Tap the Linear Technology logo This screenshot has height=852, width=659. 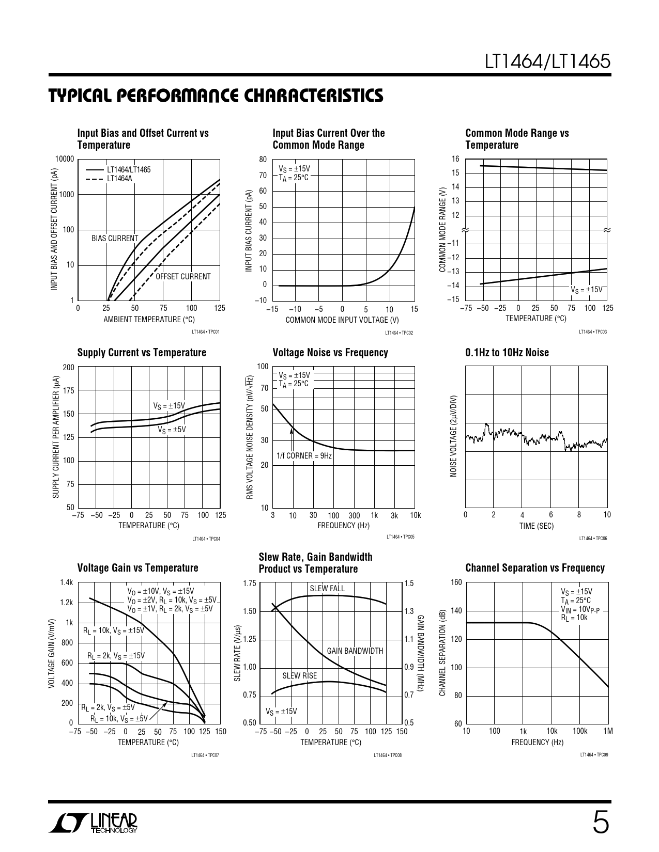click(x=94, y=824)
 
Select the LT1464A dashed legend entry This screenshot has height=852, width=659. click(x=119, y=179)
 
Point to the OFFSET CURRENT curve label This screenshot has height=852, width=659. click(x=183, y=277)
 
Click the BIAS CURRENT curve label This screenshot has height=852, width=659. click(x=115, y=239)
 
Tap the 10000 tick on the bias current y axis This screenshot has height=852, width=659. click(x=65, y=159)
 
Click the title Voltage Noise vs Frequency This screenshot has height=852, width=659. click(x=330, y=353)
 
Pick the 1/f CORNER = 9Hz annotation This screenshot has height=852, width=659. click(x=304, y=456)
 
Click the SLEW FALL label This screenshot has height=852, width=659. click(x=327, y=589)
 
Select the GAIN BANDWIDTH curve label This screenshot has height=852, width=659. click(x=355, y=651)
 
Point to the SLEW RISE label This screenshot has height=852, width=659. click(x=299, y=676)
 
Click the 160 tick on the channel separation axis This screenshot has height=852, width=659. click(x=456, y=582)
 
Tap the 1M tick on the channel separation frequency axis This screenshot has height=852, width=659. click(x=607, y=731)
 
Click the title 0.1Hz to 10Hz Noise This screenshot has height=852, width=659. click(x=507, y=353)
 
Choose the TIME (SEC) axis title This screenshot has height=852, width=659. click(x=536, y=526)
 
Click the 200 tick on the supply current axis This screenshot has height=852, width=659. click(x=68, y=368)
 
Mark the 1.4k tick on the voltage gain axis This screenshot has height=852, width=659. click(x=67, y=582)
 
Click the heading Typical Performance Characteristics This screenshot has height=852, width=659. click(x=216, y=96)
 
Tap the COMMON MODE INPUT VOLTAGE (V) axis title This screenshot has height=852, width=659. click(x=342, y=320)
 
